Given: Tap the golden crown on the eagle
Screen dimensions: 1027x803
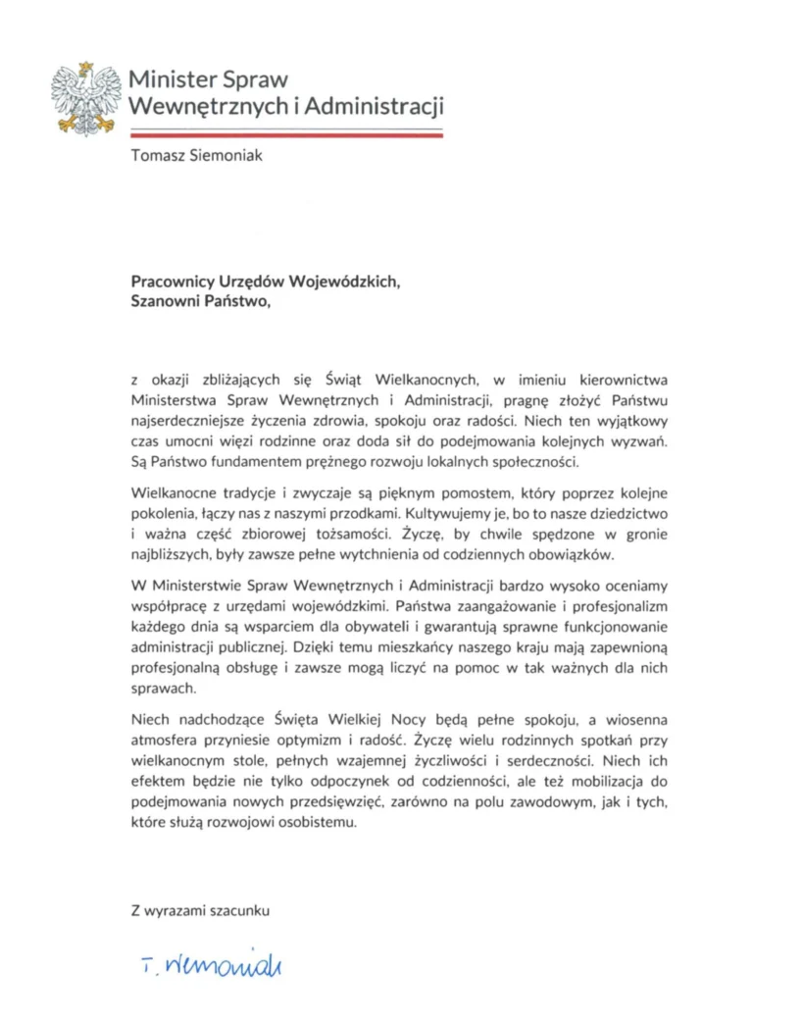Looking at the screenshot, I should (x=86, y=67).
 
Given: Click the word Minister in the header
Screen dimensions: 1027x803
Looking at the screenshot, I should (x=171, y=79).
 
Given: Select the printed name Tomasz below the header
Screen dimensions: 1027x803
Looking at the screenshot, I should (x=158, y=155).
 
